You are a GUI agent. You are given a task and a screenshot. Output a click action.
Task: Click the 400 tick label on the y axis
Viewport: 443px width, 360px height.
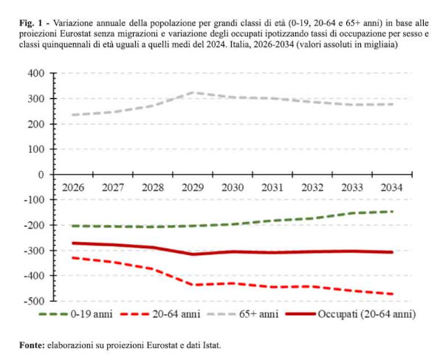click(x=36, y=73)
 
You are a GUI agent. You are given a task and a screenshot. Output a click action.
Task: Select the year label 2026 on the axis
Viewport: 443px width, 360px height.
click(x=72, y=187)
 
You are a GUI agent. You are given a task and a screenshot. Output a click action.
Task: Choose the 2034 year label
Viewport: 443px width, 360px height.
click(x=391, y=187)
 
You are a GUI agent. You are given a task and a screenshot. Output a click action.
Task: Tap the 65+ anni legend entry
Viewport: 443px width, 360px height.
click(x=258, y=314)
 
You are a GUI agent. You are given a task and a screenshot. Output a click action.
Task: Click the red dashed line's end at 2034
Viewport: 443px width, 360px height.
click(x=391, y=294)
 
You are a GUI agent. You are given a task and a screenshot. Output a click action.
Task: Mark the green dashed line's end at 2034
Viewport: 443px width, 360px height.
click(x=391, y=212)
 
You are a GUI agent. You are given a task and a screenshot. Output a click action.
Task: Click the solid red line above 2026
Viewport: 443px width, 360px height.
click(x=72, y=243)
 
